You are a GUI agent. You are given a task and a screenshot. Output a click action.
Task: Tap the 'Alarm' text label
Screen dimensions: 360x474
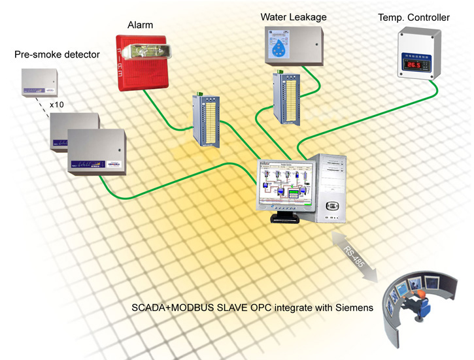[x=140, y=25]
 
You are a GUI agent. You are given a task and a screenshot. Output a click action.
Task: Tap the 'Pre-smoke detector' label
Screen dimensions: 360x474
[x=57, y=55]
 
